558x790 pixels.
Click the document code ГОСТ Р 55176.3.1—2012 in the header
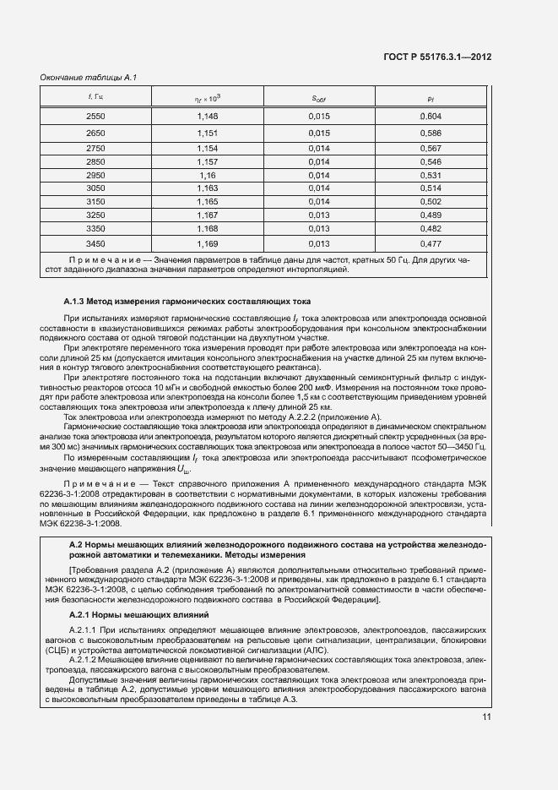click(x=439, y=57)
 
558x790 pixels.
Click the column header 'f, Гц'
click(x=95, y=98)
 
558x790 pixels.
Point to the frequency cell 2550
click(x=95, y=116)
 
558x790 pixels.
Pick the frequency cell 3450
click(x=95, y=244)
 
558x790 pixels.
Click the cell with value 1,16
click(x=207, y=175)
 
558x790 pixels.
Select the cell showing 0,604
click(x=430, y=116)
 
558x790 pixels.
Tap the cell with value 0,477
click(x=430, y=244)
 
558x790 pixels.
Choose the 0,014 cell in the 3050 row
click(x=318, y=188)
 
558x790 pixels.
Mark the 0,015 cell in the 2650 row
click(x=318, y=133)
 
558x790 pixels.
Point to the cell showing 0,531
click(x=430, y=175)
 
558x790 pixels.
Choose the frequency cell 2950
click(x=95, y=175)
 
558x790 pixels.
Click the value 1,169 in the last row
click(x=207, y=244)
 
